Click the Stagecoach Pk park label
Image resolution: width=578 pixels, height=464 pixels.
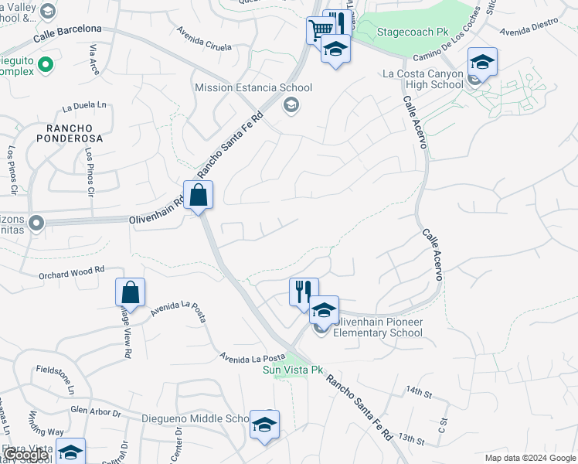point(412,33)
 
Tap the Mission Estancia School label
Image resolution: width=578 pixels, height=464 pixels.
point(253,88)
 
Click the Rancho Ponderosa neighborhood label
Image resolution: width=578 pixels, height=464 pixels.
point(69,133)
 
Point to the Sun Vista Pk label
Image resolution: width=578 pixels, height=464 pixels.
point(293,370)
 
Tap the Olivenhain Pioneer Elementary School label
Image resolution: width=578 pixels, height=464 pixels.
point(378,328)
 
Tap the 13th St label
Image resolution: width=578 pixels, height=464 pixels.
point(412,441)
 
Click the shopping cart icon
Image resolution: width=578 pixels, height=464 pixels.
point(318,31)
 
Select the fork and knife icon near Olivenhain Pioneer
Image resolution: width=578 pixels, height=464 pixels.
point(304,292)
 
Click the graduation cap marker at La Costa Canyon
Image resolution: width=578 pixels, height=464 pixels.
point(482,61)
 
